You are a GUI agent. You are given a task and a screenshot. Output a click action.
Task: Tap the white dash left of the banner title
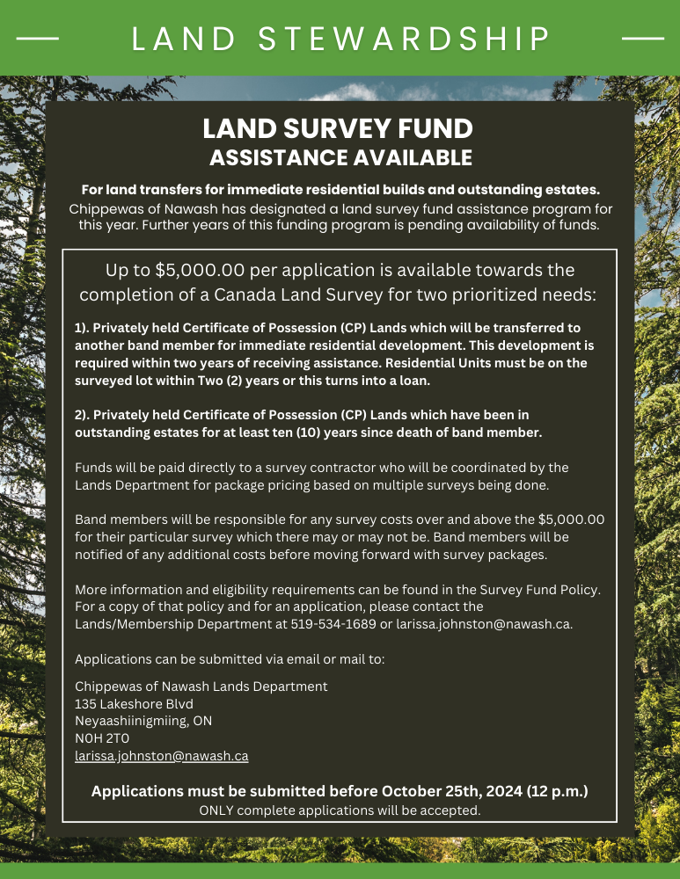(38, 39)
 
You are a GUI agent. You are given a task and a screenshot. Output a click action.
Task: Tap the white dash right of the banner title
(642, 39)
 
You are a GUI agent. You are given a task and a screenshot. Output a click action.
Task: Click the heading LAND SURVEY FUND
(338, 129)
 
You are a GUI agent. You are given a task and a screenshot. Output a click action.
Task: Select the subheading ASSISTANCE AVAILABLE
(340, 158)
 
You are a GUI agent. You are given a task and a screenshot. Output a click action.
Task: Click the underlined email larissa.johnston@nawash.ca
(162, 755)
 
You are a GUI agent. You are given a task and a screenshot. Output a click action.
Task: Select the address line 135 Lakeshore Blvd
(134, 703)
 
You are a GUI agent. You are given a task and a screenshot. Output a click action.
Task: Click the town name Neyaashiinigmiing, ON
(143, 721)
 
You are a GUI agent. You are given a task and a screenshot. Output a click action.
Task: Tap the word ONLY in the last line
(216, 810)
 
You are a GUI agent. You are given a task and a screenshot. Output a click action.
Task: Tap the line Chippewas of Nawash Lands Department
(201, 686)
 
